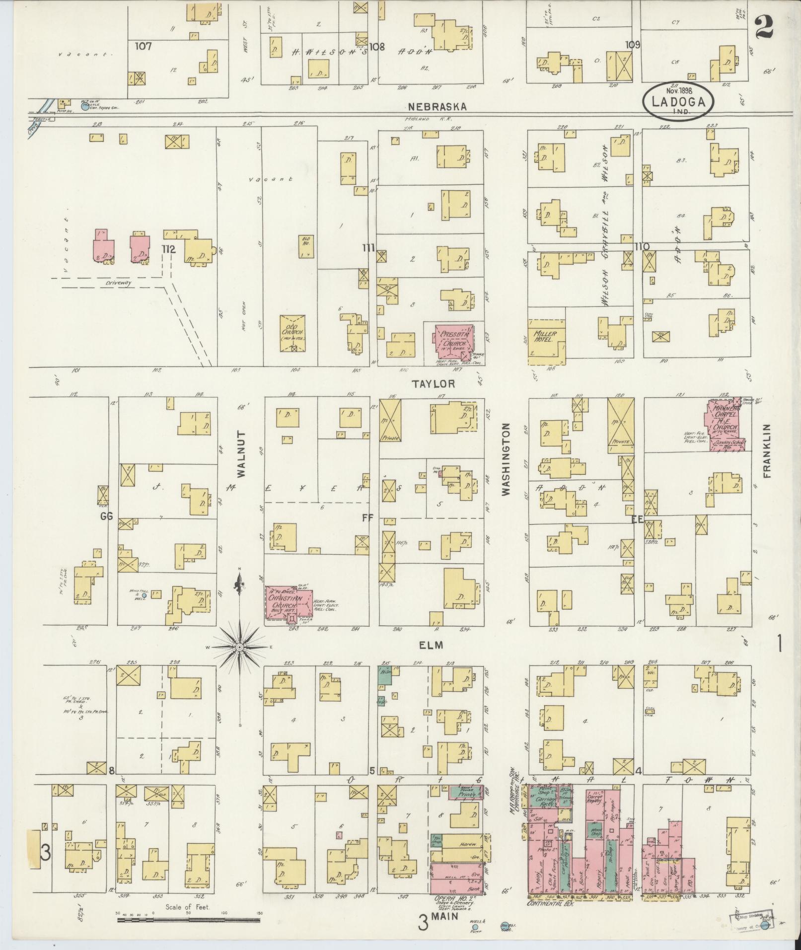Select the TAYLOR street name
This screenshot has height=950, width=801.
coord(434,384)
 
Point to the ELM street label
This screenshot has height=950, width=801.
coord(430,645)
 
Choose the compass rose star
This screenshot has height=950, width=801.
coord(239,647)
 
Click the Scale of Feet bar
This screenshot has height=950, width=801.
coord(187,920)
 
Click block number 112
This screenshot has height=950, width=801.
coord(168,249)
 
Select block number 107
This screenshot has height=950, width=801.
coord(143,46)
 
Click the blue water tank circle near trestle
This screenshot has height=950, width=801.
coord(84,105)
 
